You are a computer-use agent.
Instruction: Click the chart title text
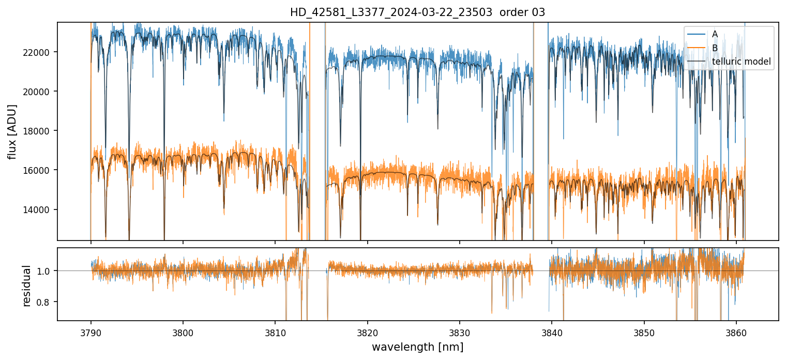417,12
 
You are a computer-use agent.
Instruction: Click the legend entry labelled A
715,34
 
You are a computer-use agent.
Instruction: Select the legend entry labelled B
715,48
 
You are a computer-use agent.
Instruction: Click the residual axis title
27,286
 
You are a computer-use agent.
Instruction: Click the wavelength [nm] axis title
417,347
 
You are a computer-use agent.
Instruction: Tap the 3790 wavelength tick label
91,331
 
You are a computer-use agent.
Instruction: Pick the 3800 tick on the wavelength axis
183,331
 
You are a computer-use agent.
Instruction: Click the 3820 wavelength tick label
368,331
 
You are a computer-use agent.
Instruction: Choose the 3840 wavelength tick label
552,331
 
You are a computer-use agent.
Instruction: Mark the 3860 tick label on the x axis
736,331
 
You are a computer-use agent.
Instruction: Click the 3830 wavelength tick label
460,331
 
